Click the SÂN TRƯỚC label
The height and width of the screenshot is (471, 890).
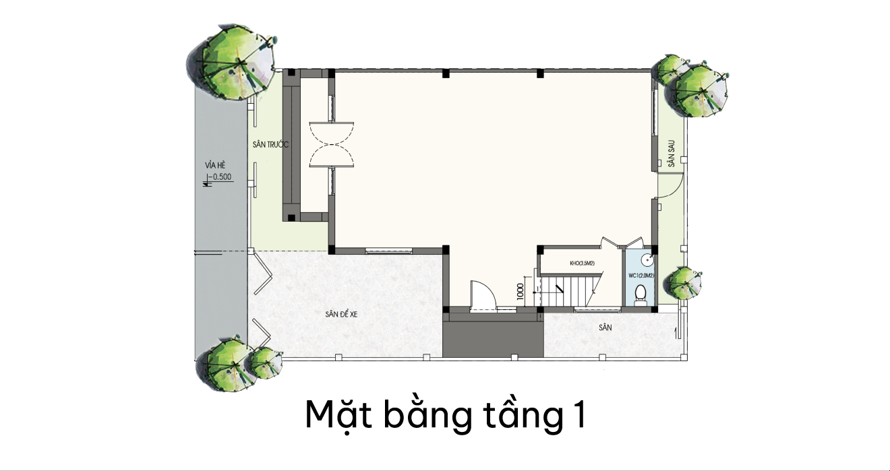coord(270,145)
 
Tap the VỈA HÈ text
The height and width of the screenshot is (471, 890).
coord(215,165)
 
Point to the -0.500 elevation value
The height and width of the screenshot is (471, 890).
coord(221,177)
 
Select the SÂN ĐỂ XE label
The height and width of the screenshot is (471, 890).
coord(341,314)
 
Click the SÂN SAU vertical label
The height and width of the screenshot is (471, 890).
coord(672,153)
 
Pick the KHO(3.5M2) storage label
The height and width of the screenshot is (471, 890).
coord(582,263)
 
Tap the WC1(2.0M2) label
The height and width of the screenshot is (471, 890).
coord(641,276)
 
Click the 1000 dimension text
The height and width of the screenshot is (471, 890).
coord(521,292)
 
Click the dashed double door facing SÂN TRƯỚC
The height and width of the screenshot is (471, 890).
coord(332,144)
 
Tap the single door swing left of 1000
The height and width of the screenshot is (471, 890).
coord(482,295)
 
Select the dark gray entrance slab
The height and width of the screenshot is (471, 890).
coord(493,339)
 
